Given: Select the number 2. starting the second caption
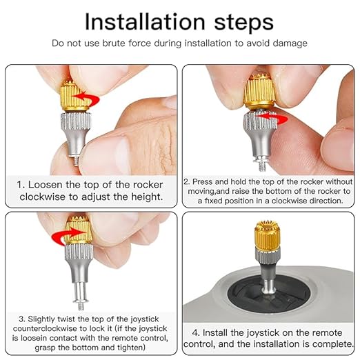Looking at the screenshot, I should (186, 181).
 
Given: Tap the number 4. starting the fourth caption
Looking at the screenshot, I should (196, 331).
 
